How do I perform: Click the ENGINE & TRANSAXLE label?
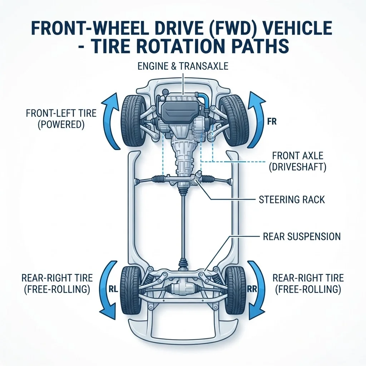[183, 66]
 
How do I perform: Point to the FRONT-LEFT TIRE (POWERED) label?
[61, 119]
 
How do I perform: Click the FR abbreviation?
[272, 122]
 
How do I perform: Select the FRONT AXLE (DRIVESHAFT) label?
[298, 161]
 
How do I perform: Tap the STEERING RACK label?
[292, 199]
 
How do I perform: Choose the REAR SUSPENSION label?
[302, 237]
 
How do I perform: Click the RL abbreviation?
[113, 290]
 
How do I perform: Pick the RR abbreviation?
[252, 290]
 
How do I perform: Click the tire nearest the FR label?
[232, 120]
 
